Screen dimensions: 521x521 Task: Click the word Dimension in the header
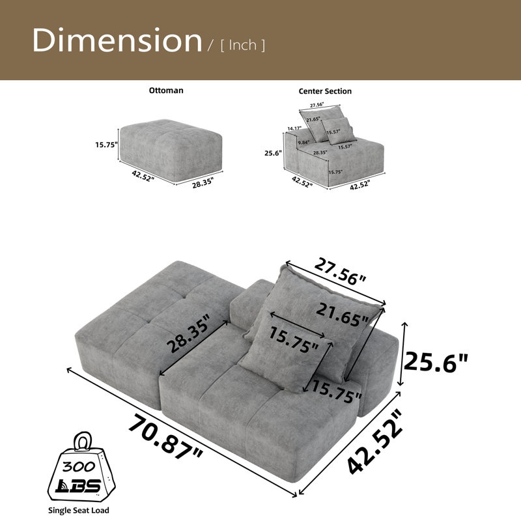coord(117,40)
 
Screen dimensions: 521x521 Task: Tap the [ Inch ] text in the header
coord(243,45)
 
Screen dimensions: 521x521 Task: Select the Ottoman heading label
coord(166,91)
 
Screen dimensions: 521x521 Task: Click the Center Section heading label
coord(325,91)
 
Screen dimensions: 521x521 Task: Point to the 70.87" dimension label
coord(165,437)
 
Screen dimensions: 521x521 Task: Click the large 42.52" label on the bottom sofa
coord(374,442)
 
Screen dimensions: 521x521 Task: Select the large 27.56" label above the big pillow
coord(340,270)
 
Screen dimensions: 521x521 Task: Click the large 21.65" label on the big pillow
coord(343,315)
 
